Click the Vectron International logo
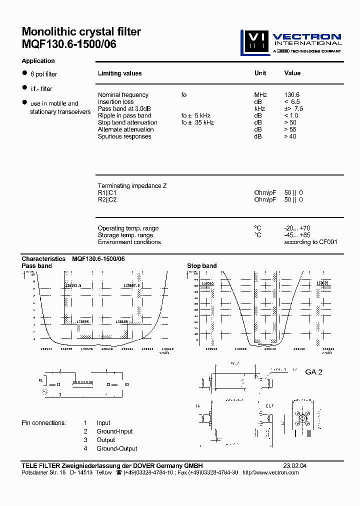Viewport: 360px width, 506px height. tap(290, 42)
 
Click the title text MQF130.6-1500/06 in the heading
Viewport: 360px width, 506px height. tap(69, 44)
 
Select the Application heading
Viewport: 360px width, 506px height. tap(38, 61)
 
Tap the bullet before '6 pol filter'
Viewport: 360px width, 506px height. tap(24, 73)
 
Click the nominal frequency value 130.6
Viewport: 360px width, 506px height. tap(292, 95)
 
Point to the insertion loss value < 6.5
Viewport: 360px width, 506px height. tap(292, 102)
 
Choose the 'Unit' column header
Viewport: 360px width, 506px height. tap(260, 73)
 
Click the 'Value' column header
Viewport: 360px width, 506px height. tap(292, 73)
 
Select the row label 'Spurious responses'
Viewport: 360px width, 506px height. tap(124, 136)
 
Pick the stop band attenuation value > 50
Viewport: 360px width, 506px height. tap(290, 122)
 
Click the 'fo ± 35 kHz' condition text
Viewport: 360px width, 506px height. tap(197, 122)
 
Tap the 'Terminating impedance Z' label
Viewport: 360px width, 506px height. tap(132, 186)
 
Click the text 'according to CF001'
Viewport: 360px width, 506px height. tap(310, 242)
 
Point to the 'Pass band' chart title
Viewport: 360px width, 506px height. tap(36, 266)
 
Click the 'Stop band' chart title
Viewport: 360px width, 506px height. tap(201, 266)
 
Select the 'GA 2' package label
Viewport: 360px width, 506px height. tap(313, 372)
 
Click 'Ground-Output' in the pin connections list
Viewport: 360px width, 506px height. tap(117, 448)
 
